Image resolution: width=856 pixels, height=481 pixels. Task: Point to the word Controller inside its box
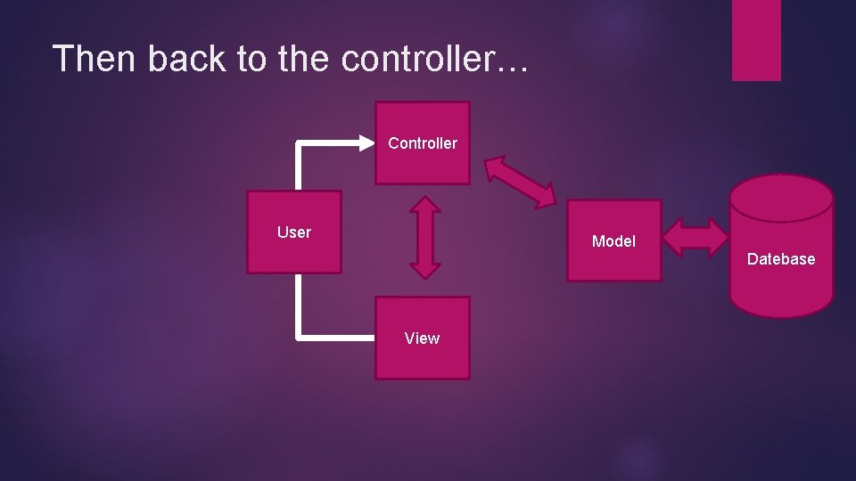pyautogui.click(x=422, y=143)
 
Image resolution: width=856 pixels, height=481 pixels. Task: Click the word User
pyautogui.click(x=294, y=232)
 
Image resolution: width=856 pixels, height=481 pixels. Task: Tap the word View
pyautogui.click(x=422, y=338)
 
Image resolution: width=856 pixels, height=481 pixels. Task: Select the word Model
pyautogui.click(x=613, y=241)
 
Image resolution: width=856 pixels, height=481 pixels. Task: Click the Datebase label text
pyautogui.click(x=781, y=259)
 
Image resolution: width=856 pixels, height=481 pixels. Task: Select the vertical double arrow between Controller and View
pyautogui.click(x=425, y=237)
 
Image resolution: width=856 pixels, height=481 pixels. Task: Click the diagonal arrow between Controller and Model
pyautogui.click(x=520, y=182)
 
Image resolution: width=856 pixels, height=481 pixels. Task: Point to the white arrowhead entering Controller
pyautogui.click(x=366, y=142)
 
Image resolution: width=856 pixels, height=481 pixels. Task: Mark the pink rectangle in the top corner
pyautogui.click(x=756, y=39)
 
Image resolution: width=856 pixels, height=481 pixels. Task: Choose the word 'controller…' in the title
pyautogui.click(x=435, y=59)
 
